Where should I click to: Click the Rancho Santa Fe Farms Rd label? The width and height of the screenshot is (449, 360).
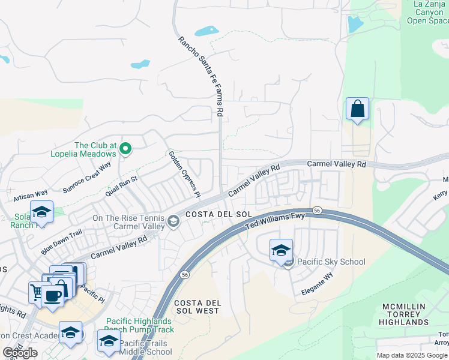201,76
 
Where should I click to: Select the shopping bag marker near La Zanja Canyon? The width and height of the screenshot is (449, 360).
357,110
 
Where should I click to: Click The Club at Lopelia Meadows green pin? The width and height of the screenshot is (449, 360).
125,149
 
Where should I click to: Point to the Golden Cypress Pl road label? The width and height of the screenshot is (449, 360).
184,174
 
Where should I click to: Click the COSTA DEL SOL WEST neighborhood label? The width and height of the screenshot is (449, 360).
197,307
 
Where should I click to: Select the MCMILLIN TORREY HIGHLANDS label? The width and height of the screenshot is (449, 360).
404,314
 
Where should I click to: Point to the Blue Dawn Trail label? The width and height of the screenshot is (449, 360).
61,242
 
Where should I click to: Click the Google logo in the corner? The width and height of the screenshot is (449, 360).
20,353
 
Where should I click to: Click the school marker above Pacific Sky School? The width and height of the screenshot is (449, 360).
280,250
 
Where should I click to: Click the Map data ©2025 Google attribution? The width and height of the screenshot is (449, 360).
412,355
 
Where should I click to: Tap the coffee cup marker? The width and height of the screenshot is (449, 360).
52,296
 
